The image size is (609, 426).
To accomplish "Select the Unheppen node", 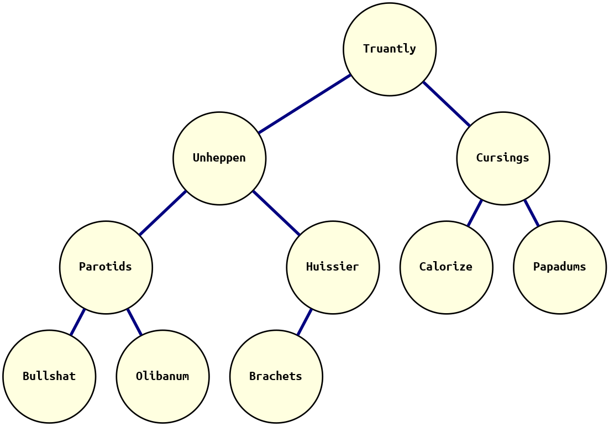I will point(219,158).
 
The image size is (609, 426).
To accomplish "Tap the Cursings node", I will point(503,158).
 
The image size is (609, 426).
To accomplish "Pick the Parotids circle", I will point(106,267).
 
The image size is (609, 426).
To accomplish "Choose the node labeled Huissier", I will point(333,267).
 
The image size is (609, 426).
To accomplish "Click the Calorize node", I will point(446,267).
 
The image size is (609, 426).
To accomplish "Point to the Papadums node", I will point(559,267).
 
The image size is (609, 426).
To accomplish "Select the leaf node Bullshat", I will point(49,376).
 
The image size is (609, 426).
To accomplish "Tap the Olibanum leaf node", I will point(162,376).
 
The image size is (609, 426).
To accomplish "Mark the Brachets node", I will point(276,376).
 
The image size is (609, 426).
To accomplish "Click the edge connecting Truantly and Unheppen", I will point(305,103).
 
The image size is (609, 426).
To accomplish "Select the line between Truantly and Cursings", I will point(447,104).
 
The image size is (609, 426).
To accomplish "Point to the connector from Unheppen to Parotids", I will point(162,213).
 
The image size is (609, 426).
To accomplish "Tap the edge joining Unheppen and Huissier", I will point(276,213).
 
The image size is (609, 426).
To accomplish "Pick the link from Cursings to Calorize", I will point(475,213).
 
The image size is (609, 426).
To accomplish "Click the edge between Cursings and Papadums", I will point(531,213).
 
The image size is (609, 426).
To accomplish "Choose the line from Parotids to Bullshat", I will point(78,322).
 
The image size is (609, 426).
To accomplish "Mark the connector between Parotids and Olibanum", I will point(134,322).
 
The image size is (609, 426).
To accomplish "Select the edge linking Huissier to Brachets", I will point(305,322).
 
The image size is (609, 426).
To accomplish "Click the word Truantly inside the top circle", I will point(390,49).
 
